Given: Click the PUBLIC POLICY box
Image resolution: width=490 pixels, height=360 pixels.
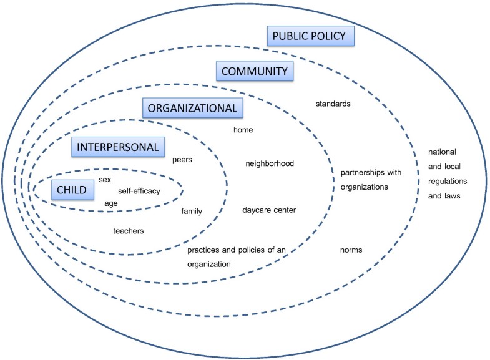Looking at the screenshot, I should pos(311,36).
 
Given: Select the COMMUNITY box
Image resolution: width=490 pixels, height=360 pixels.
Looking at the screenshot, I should pos(253,71).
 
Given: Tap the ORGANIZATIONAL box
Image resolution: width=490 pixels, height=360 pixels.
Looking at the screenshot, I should pos(192,108).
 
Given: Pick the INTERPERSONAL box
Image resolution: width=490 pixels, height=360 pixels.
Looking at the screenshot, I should pos(118,147).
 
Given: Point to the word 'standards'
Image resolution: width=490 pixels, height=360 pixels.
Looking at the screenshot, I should pos(333,104).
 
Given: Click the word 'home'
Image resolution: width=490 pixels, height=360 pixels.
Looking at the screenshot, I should pos(243,130).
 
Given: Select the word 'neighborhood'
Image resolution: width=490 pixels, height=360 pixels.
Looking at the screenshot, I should pos(270,164).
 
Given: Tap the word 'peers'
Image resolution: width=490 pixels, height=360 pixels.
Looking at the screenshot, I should pos(182,160).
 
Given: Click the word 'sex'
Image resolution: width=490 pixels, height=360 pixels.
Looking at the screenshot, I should pos(105,180).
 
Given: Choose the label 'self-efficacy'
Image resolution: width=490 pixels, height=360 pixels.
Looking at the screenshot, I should pos(139,191).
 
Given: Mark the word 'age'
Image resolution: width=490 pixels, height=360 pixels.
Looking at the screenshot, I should pos(110,203).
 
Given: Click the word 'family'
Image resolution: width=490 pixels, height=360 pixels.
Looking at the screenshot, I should pos(192,212).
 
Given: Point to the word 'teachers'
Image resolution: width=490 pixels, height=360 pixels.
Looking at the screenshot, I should pos(129,231).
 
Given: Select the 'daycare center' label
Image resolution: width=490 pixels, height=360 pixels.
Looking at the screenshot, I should pos(269,210).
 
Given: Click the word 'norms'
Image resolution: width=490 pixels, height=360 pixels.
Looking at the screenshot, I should pos(351,250).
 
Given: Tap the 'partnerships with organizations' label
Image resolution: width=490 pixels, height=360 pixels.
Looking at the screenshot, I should pos(370,179).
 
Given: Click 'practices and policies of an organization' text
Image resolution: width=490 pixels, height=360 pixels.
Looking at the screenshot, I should pos(236,257).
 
